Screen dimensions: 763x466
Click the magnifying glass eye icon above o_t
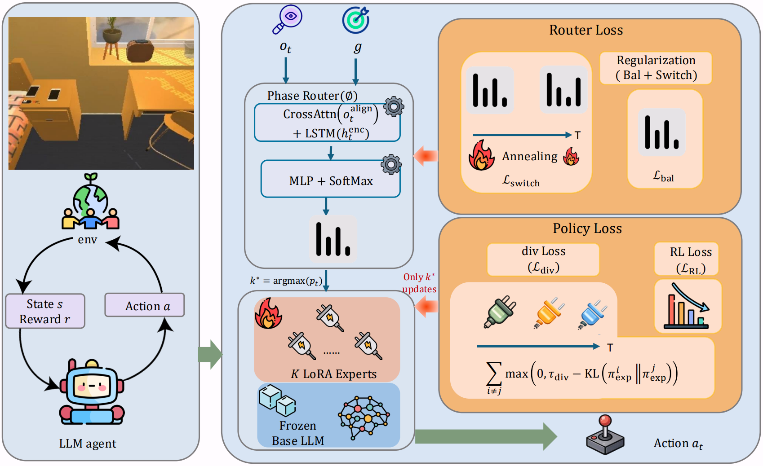click(x=287, y=19)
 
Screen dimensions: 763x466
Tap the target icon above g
click(x=356, y=19)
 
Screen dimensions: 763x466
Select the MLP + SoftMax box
click(x=330, y=179)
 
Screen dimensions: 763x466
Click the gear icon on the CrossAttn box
click(x=394, y=107)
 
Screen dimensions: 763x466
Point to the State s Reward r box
click(x=45, y=311)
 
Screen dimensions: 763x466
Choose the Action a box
click(x=145, y=305)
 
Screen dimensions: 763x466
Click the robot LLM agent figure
click(x=92, y=392)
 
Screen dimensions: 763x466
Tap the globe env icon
click(x=91, y=202)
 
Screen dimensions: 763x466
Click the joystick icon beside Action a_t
click(x=605, y=435)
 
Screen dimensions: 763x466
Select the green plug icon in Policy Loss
click(x=500, y=312)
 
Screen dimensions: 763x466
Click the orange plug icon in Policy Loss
click(x=548, y=313)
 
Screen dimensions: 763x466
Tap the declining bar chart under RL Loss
click(x=688, y=306)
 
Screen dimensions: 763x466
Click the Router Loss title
click(x=586, y=30)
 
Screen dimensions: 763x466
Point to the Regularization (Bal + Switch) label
click(x=656, y=68)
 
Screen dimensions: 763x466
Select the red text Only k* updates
click(x=419, y=283)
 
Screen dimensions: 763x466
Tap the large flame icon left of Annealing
click(x=481, y=155)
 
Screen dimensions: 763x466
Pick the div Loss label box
click(x=543, y=259)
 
